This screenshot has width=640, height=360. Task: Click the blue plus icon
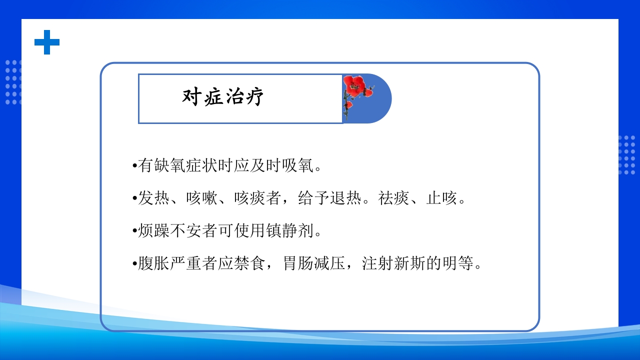click(x=47, y=42)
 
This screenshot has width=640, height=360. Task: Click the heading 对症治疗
click(x=223, y=97)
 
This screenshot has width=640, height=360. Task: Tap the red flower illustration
click(x=355, y=92)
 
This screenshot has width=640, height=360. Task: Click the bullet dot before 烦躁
click(x=134, y=231)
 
